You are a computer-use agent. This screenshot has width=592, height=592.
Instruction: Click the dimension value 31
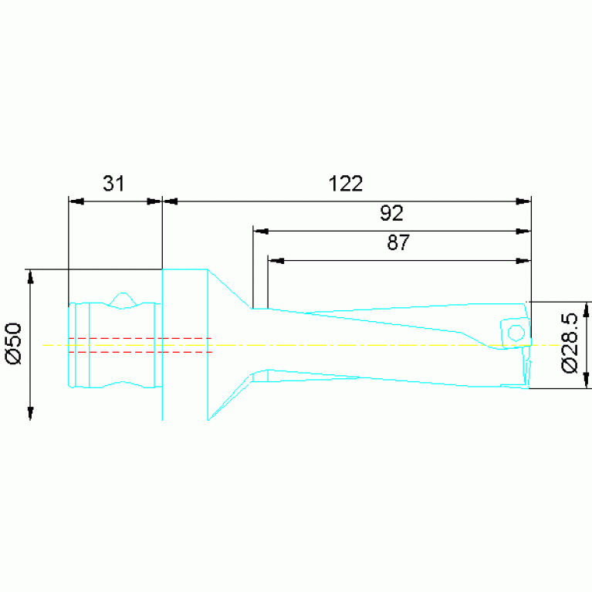(113, 184)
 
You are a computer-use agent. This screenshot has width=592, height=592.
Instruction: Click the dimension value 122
(346, 184)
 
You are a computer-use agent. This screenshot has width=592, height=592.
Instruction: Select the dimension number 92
(391, 213)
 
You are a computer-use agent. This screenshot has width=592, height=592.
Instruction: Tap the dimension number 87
(398, 242)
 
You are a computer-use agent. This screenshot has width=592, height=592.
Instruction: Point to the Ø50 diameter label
(14, 343)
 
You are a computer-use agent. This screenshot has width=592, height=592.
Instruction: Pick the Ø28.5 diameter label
(570, 343)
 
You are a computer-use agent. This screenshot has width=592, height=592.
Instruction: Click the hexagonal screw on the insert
(516, 333)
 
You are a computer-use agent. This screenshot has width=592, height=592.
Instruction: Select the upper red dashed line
(140, 338)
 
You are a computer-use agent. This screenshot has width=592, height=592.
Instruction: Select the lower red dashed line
(140, 352)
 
